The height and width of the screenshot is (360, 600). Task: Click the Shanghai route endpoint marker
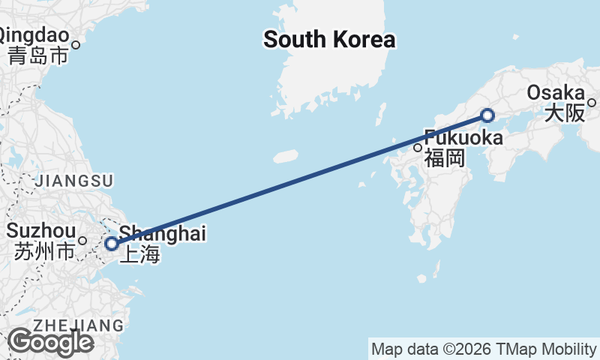tap(111, 244)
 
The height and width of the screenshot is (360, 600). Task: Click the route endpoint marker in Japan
tap(487, 115)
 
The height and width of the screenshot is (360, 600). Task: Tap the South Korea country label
tap(328, 40)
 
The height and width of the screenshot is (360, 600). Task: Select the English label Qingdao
tap(34, 34)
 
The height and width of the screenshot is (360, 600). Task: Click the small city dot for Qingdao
tap(76, 44)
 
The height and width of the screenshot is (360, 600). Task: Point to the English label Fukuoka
tap(463, 138)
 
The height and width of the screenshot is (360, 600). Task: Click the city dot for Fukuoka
tap(418, 148)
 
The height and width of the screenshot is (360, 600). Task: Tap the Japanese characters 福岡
tap(445, 158)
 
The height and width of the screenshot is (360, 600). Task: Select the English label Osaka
tap(556, 93)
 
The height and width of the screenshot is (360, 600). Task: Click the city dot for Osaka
tap(592, 103)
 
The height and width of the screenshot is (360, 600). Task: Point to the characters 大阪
tap(564, 113)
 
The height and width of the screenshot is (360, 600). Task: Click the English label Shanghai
tap(163, 233)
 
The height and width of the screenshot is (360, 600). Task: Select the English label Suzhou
tap(41, 230)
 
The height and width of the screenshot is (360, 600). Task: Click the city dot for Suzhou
tap(83, 241)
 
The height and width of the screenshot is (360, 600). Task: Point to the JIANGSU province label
tap(74, 181)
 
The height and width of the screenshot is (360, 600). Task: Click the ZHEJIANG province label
tap(78, 325)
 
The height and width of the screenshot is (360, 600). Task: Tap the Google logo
tap(50, 342)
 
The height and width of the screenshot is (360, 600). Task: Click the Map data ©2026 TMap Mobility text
tap(484, 349)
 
